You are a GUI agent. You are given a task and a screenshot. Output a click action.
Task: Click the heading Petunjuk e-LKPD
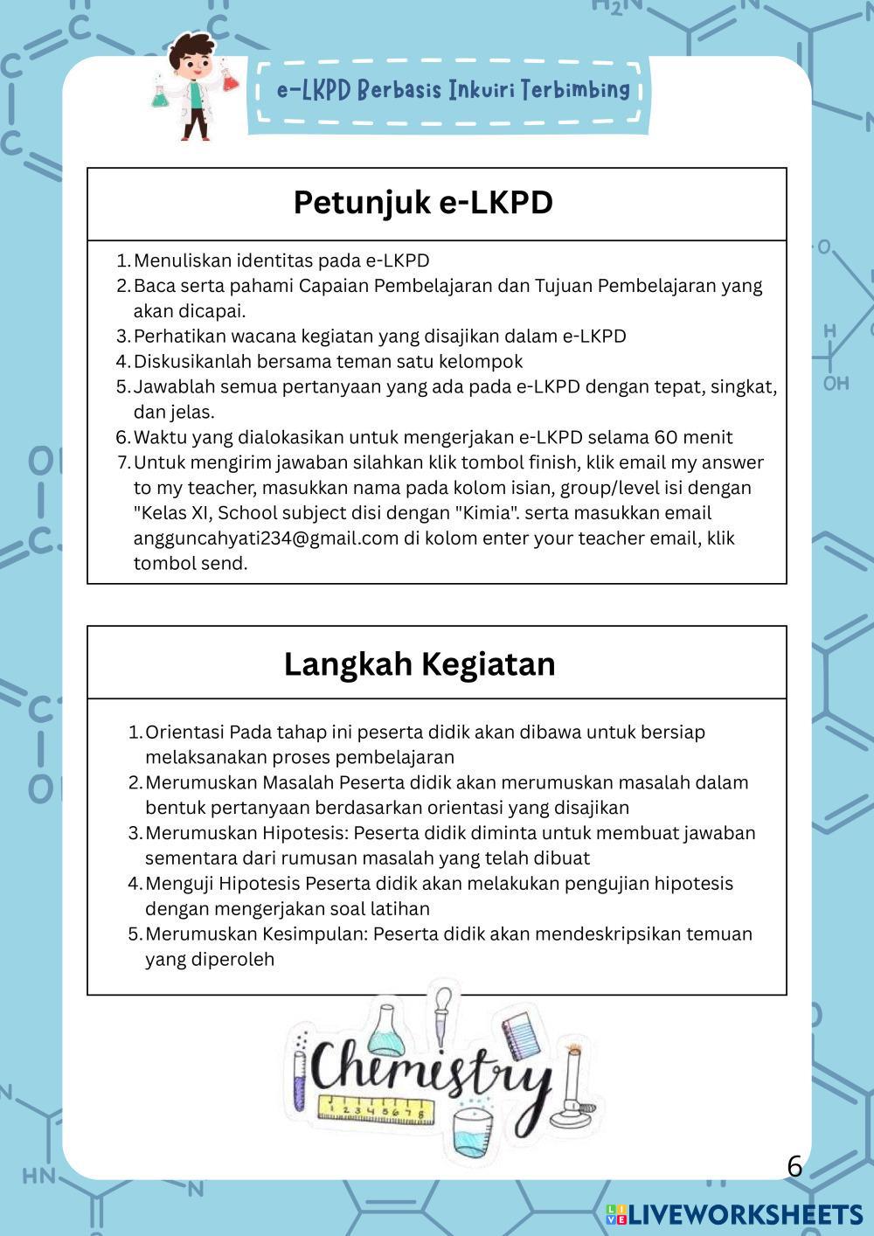(x=423, y=203)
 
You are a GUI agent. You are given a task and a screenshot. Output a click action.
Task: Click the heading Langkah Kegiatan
(x=420, y=664)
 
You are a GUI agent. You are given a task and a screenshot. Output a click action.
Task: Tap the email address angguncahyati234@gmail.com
(x=266, y=538)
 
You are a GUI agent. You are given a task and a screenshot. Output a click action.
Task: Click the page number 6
(x=794, y=1166)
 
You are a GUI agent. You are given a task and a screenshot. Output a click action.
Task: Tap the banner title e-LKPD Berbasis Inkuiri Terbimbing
(x=453, y=89)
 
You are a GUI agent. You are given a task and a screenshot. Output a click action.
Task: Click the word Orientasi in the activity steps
(x=185, y=733)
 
